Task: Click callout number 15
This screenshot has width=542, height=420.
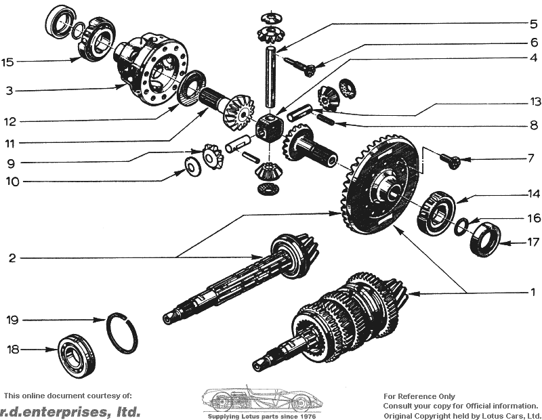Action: coord(7,62)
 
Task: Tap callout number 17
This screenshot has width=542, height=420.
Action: coord(534,242)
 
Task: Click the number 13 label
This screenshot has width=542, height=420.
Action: coord(535,102)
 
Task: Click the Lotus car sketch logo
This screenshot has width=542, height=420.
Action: coord(262,400)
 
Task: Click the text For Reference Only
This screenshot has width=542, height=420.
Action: coord(419,396)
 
